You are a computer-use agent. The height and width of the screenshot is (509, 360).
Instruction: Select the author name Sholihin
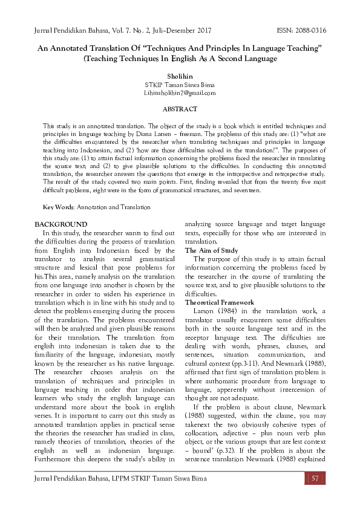[179, 77]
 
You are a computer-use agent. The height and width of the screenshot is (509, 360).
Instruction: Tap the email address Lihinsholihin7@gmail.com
[179, 93]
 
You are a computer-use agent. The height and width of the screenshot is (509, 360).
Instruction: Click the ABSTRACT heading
[180, 109]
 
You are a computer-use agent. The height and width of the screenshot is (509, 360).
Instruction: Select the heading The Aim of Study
[211, 250]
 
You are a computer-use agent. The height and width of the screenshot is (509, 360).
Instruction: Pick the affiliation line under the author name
[179, 85]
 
